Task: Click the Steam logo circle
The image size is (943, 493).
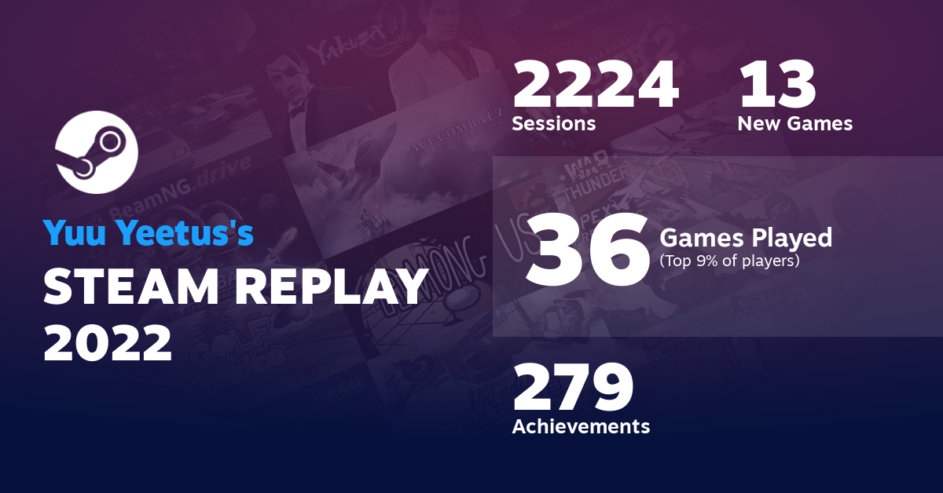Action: (x=97, y=152)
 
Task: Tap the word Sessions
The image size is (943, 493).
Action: (x=553, y=123)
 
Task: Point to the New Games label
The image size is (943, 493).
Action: (x=794, y=123)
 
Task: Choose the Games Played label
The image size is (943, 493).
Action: (x=746, y=236)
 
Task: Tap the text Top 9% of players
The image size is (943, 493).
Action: (x=729, y=260)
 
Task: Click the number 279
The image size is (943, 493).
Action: (x=573, y=388)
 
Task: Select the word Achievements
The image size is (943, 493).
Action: (x=581, y=426)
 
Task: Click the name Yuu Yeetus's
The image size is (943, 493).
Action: (x=149, y=233)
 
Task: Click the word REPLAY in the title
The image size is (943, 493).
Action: (x=333, y=287)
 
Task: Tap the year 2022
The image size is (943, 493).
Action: (x=108, y=342)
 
